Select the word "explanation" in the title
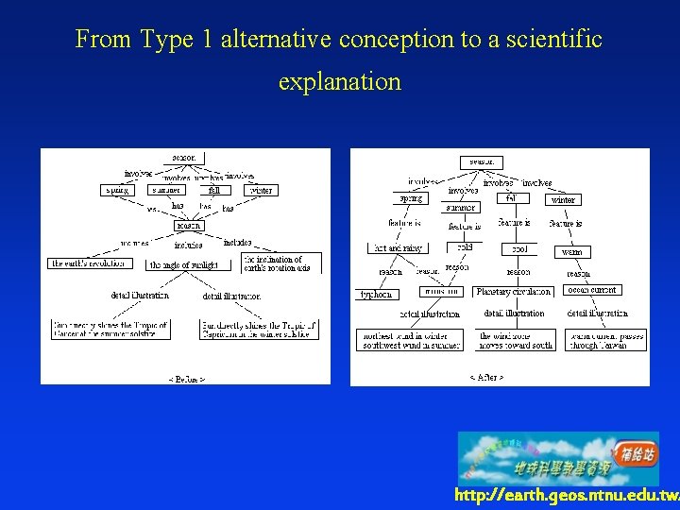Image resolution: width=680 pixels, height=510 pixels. click(x=339, y=81)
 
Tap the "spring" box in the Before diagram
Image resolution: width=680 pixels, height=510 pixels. click(x=117, y=190)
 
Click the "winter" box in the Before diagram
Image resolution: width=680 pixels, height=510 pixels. click(x=260, y=190)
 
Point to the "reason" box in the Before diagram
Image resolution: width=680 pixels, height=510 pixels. click(x=189, y=226)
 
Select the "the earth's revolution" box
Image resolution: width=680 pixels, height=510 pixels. click(x=91, y=263)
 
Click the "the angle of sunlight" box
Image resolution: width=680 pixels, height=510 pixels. click(x=183, y=265)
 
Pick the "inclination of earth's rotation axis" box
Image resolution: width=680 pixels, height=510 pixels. click(x=281, y=263)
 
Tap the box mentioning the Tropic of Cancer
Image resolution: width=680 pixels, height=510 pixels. click(x=110, y=330)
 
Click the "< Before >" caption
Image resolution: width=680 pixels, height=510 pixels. click(x=186, y=378)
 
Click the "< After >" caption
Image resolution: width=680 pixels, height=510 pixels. click(x=486, y=377)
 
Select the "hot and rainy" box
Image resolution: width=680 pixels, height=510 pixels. click(x=398, y=248)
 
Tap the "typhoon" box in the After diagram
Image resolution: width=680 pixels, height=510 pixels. click(x=375, y=294)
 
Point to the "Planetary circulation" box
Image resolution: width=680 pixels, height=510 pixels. click(x=514, y=292)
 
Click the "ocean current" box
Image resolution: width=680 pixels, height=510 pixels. click(x=591, y=290)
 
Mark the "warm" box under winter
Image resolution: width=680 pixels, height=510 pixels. click(x=572, y=252)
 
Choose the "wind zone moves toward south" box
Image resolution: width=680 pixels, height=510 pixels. click(x=515, y=340)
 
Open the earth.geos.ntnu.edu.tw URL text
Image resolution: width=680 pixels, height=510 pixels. click(x=566, y=496)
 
